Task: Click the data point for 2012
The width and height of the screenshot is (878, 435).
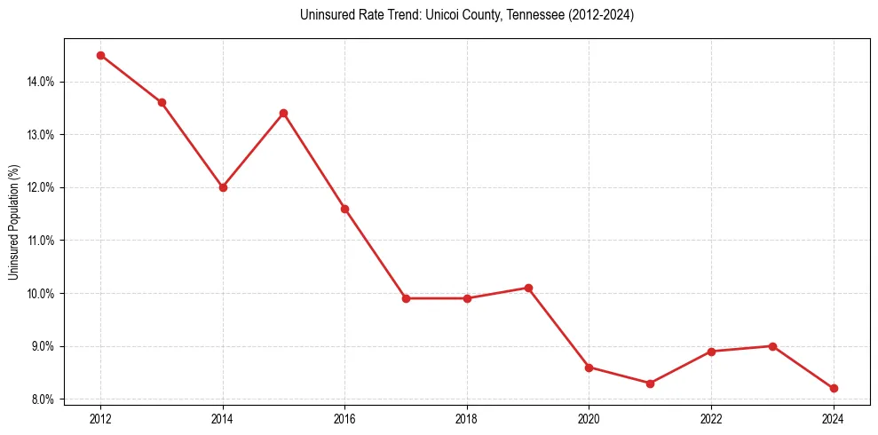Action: coord(100,55)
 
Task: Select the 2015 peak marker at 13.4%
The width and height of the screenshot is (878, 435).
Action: coord(283,113)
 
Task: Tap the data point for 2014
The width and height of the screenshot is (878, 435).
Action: coord(223,187)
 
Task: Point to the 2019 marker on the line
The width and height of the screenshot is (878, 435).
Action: coord(528,288)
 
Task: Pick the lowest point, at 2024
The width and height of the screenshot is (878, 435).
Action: coord(834,388)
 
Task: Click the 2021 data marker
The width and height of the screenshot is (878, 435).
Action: coord(650,384)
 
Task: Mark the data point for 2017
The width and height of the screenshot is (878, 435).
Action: coord(406,298)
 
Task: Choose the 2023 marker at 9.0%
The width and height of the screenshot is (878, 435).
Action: coord(772,346)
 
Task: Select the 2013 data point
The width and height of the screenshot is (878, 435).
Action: coord(162,102)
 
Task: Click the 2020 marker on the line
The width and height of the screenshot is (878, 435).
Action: coord(589,367)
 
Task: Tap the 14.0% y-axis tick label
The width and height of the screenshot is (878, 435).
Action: coord(41,82)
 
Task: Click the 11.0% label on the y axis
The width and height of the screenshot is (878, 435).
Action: coord(41,241)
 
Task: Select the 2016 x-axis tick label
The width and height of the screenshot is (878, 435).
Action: coord(344,418)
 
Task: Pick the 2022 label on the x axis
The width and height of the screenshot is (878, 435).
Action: coord(711,418)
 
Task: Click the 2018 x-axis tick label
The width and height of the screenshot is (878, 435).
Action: coord(467,418)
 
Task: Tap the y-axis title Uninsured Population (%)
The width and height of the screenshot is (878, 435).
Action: coord(13,221)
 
